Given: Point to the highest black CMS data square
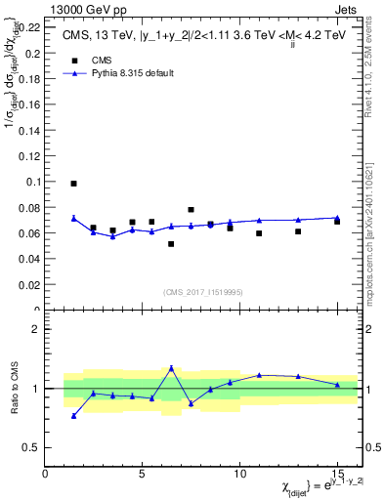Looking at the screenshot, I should click(x=74, y=184).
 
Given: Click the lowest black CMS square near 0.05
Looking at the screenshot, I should click(x=171, y=244).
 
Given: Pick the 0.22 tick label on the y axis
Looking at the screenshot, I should click(x=30, y=26).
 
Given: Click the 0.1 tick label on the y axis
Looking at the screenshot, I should click(x=33, y=182).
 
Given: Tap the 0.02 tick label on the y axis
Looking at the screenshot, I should click(x=30, y=285).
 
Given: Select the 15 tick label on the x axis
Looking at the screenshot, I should click(x=337, y=474).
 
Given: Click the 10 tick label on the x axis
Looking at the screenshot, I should click(x=239, y=474).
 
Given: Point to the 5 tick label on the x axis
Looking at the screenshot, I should click(x=143, y=474).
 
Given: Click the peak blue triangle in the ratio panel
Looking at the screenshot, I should click(x=171, y=368).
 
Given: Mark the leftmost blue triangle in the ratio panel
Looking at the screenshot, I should click(x=74, y=416).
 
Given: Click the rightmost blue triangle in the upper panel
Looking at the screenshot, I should click(x=337, y=218).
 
